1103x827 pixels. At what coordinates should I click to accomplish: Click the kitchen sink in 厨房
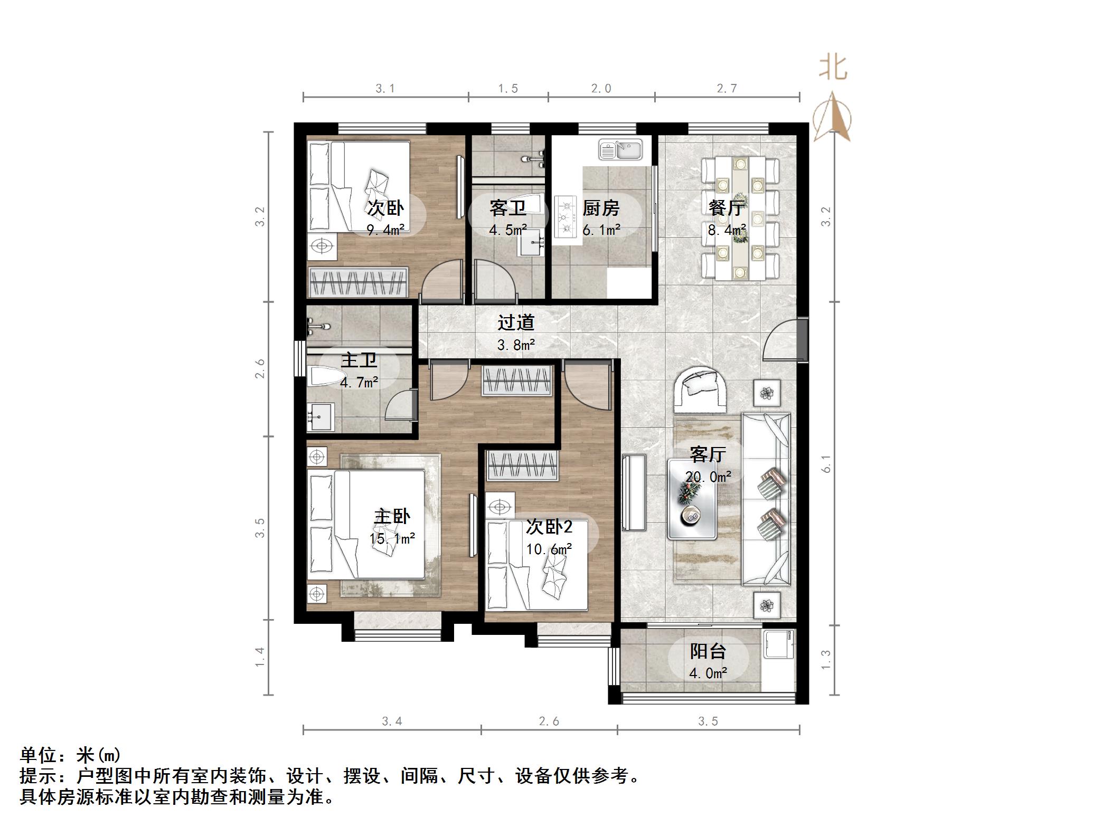pyautogui.click(x=620, y=149)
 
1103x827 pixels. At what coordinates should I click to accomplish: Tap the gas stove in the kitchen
pyautogui.click(x=567, y=216)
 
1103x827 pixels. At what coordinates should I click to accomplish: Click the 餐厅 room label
pyautogui.click(x=727, y=207)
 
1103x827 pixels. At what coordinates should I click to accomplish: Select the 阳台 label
pyautogui.click(x=708, y=651)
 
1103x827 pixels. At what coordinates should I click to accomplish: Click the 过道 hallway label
pyautogui.click(x=516, y=322)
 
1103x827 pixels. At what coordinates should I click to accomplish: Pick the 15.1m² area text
pyautogui.click(x=392, y=538)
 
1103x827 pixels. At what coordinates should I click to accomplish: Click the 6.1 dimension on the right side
pyautogui.click(x=826, y=463)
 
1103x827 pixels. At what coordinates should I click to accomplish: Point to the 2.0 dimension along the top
pyautogui.click(x=601, y=89)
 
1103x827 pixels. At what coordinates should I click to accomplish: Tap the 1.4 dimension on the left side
pyautogui.click(x=260, y=657)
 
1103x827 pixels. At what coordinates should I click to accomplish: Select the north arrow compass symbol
pyautogui.click(x=833, y=119)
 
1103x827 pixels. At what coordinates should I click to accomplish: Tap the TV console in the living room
pyautogui.click(x=634, y=492)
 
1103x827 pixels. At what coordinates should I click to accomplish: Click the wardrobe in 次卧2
pyautogui.click(x=522, y=465)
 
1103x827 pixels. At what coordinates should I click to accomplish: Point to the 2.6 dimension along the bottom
pyautogui.click(x=549, y=721)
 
